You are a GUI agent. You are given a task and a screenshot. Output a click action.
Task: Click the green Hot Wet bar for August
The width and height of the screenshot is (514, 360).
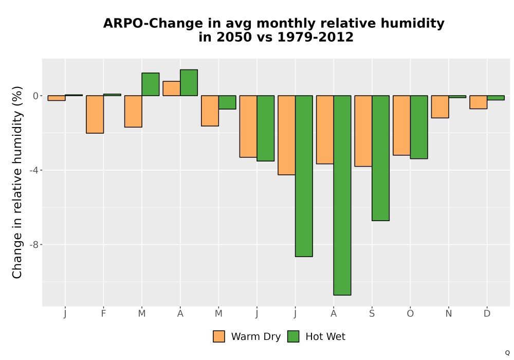(x=342, y=195)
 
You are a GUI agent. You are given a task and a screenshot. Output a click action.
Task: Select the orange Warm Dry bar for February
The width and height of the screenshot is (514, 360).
(x=95, y=114)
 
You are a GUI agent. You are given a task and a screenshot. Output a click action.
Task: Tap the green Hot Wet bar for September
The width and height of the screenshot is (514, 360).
(x=380, y=158)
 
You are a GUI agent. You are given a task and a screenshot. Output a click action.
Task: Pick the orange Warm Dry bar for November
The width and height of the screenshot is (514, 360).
(x=440, y=106)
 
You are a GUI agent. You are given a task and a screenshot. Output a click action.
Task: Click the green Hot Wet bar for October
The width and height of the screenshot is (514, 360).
(x=419, y=127)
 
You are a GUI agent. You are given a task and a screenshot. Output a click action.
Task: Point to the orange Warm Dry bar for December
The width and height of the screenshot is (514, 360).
(x=478, y=102)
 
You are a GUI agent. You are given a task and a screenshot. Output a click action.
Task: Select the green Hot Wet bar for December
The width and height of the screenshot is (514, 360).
(x=495, y=98)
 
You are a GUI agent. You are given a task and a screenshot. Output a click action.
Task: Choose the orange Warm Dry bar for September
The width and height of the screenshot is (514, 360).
(x=363, y=131)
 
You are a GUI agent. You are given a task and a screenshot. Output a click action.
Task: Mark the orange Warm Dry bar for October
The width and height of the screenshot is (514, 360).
(x=401, y=125)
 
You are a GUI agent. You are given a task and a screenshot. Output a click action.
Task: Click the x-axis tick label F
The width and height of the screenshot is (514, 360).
(x=103, y=314)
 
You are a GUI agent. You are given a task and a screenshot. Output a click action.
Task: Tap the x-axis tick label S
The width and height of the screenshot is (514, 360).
(x=372, y=314)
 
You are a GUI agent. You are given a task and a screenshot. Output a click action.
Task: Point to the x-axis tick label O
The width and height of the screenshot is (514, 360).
(x=410, y=314)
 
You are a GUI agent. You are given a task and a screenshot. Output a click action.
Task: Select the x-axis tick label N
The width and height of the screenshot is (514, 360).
(x=448, y=314)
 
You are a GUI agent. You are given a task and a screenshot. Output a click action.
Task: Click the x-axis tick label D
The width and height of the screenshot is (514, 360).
(x=487, y=314)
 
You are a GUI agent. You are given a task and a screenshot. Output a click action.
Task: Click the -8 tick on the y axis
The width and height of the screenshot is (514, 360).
(x=34, y=245)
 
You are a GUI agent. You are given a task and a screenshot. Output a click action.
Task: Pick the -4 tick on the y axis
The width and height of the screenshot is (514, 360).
(x=34, y=170)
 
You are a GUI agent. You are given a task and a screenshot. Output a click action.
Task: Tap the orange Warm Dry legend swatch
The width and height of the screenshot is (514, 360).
(x=218, y=336)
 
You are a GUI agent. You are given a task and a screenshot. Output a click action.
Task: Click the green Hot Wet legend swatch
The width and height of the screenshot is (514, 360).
(x=293, y=336)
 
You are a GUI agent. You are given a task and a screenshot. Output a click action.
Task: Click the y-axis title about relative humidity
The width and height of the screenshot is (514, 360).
(x=17, y=182)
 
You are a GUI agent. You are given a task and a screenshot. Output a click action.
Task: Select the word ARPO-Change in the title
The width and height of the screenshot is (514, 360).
(x=153, y=24)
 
